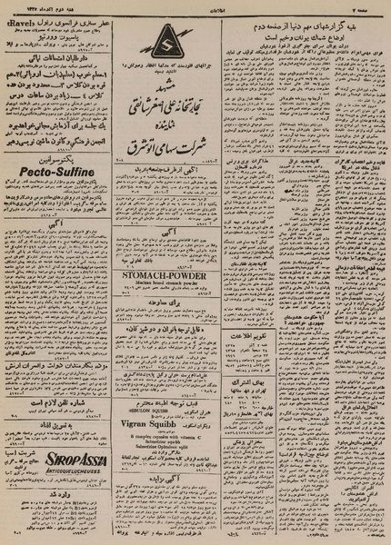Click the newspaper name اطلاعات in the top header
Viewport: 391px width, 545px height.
click(195, 7)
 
